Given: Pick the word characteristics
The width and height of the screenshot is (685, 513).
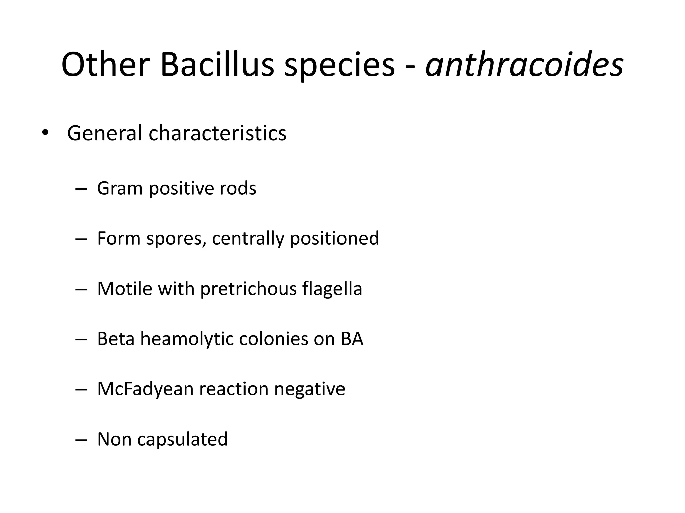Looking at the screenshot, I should [217, 133].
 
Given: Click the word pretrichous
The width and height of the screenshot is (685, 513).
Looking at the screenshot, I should [248, 289].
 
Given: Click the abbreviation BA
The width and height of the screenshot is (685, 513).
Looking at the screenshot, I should [352, 339].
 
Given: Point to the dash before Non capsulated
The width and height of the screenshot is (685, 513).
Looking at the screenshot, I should [81, 440].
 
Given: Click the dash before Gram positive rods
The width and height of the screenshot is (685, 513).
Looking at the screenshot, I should [81, 189].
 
